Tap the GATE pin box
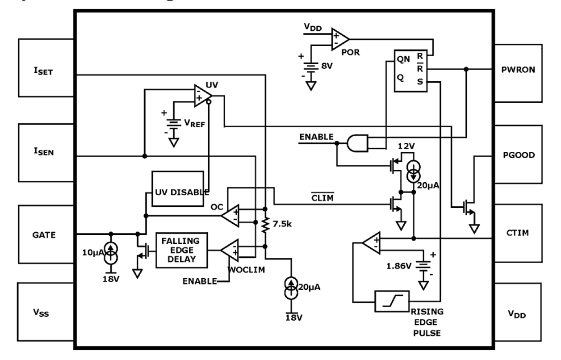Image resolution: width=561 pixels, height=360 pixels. [46, 234]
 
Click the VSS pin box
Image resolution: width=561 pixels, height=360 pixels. [46, 313]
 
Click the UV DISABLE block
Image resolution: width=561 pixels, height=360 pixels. [178, 189]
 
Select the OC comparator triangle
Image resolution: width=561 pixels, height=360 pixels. [230, 215]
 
